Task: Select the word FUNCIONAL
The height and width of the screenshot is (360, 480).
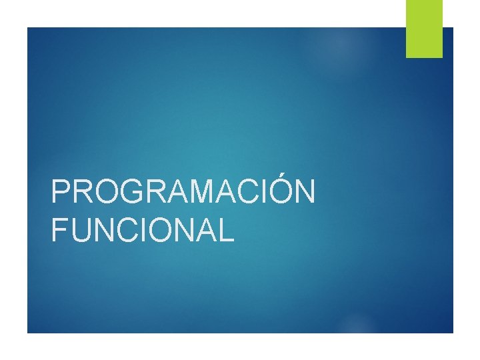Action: point(143,229)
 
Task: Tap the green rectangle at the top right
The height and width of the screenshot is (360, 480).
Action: point(425,29)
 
